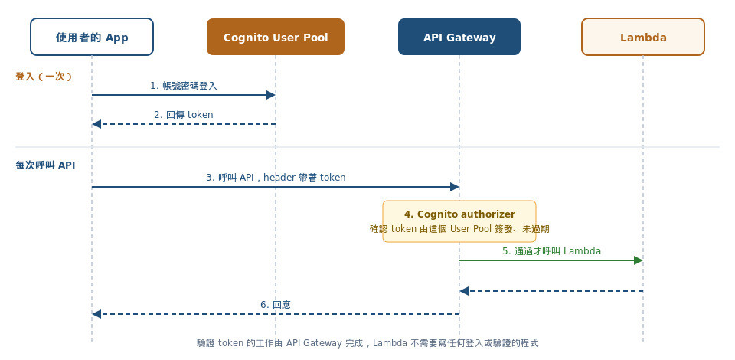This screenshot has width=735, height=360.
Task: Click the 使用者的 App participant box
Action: pos(92,37)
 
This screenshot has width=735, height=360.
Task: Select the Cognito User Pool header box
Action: pos(276,37)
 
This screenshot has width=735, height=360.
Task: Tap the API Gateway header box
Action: pos(459,37)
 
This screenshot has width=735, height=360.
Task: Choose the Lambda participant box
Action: pos(643,37)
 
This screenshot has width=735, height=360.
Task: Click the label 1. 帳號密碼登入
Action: pos(184,86)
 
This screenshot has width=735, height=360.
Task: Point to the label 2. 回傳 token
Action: pos(184,115)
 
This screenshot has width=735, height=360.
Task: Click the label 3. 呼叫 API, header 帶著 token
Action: pos(276,178)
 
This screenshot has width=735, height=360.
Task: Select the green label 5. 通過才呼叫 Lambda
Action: pos(551,251)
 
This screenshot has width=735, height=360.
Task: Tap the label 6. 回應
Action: pos(276,305)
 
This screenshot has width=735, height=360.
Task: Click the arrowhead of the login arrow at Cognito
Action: pos(271,95)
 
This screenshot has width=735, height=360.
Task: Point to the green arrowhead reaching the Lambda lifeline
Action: pos(639,260)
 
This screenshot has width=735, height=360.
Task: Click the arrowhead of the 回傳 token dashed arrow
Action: pos(96,124)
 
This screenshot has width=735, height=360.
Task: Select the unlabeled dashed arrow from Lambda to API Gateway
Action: pos(551,291)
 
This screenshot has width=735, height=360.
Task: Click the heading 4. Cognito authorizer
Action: pos(459,214)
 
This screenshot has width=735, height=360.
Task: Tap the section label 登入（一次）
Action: pos(44,77)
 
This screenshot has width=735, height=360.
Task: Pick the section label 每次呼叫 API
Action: pos(45,165)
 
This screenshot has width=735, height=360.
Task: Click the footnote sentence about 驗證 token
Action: pos(367,343)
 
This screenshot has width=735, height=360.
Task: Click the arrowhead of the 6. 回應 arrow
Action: pos(96,314)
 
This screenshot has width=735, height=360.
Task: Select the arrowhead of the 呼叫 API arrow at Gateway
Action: pos(455,187)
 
